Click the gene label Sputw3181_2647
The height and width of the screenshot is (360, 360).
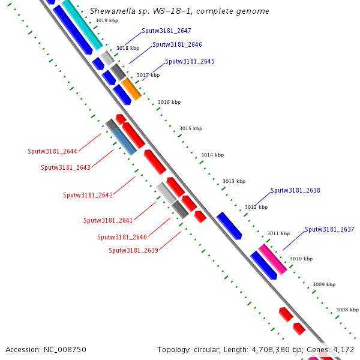pyautogui.click(x=166, y=31)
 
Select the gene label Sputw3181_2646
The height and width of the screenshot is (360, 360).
pyautogui.click(x=177, y=44)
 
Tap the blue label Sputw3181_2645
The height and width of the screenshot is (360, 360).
pyautogui.click(x=190, y=61)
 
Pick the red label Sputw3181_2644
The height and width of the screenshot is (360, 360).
pyautogui.click(x=52, y=151)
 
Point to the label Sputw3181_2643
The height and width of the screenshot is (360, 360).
pyautogui.click(x=65, y=167)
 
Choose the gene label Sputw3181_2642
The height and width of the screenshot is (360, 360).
pyautogui.click(x=88, y=195)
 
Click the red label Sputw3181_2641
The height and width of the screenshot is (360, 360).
pyautogui.click(x=108, y=220)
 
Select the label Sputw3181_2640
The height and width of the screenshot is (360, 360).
pyautogui.click(x=122, y=237)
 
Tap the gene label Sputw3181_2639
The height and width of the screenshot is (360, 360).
pyautogui.click(x=133, y=250)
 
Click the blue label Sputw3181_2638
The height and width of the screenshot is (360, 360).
pyautogui.click(x=295, y=190)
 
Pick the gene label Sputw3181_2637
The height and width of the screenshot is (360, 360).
pyautogui.click(x=329, y=229)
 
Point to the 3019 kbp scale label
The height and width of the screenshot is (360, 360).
pyautogui.click(x=107, y=21)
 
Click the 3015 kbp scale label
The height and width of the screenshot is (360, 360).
pyautogui.click(x=191, y=128)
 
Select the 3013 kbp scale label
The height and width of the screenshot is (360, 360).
pyautogui.click(x=234, y=181)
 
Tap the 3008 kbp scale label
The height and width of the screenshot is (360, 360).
pyautogui.click(x=347, y=310)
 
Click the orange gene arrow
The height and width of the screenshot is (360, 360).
pyautogui.click(x=131, y=89)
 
